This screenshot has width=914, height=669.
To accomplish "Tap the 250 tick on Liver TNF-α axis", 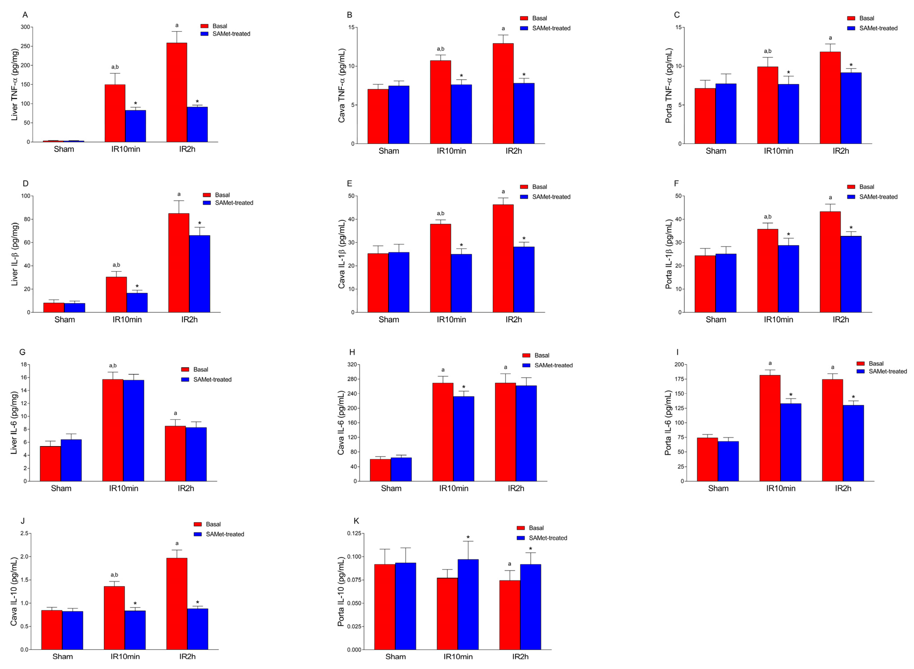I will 25,46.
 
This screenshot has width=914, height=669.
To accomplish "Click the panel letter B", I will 349,15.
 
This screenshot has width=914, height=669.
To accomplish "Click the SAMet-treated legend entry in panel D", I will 234,203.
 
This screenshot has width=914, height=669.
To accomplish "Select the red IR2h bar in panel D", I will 179,263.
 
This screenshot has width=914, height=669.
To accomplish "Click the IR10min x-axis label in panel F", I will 778,319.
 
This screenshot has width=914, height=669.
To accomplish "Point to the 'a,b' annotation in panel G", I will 113,366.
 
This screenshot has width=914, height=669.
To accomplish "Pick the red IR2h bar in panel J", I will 177,604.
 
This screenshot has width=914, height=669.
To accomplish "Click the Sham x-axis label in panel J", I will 62,657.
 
